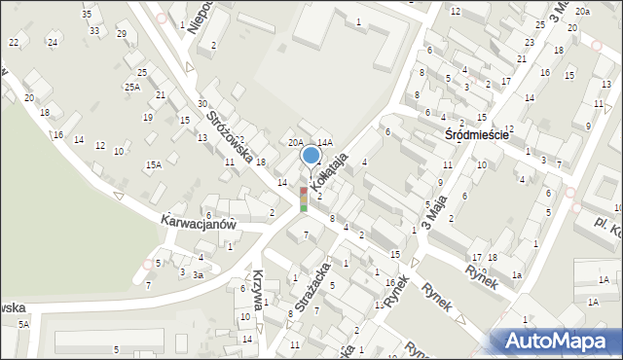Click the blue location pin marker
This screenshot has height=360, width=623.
[311, 156]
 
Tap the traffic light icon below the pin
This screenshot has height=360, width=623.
[304, 198]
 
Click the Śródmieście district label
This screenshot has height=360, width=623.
[477, 135]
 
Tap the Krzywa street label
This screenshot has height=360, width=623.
[257, 291]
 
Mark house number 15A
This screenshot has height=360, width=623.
[153, 165]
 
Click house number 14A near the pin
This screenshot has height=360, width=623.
[325, 142]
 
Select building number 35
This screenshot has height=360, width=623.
[87, 15]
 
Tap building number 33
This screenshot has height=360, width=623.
[93, 30]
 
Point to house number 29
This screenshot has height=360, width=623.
[121, 34]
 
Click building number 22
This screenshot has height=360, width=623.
[14, 43]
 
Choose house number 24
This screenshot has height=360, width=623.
[53, 43]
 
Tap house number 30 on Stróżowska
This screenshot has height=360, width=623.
[202, 104]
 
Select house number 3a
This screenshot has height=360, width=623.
[198, 275]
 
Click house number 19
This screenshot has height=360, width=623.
[148, 118]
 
